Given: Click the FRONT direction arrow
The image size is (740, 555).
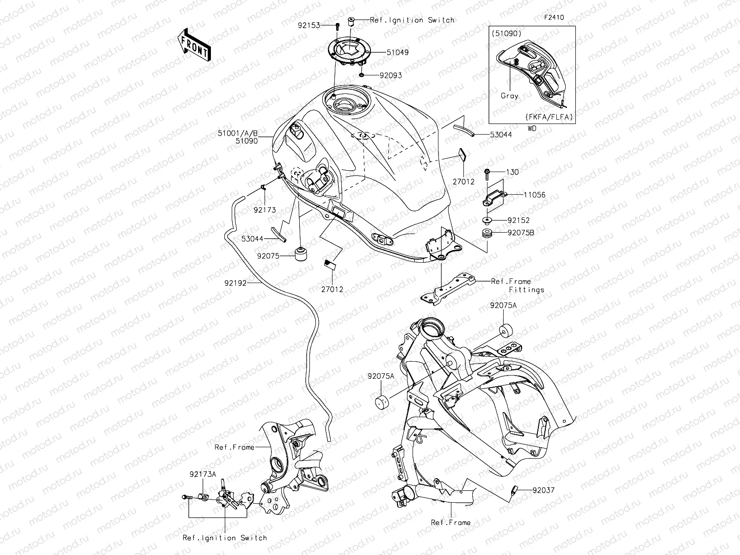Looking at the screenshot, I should coord(194,45).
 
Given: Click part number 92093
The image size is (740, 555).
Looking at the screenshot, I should coord(390,75).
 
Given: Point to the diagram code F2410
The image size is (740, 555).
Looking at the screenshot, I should coord(554,18).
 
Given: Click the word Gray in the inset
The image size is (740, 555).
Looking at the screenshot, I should coord(509,96).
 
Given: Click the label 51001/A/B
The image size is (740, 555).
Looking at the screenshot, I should coord(238,133).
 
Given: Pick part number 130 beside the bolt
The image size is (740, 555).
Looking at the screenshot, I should coord(512,172).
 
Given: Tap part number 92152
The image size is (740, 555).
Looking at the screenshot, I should coord(518,221).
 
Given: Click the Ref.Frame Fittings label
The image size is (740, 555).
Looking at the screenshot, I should coord(517,285).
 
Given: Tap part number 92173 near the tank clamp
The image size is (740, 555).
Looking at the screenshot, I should coord(265,210).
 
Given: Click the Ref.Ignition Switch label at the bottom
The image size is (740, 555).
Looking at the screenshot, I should coord(225,538).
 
